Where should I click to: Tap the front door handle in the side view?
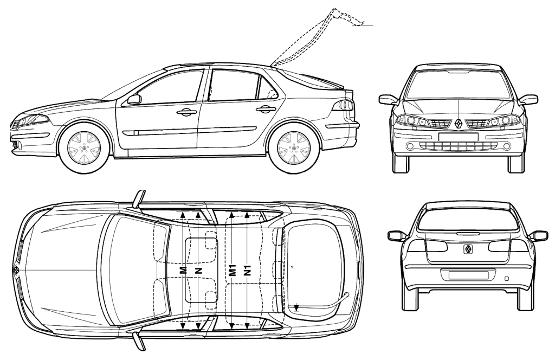click(x=186, y=112)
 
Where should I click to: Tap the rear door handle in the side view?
click(x=266, y=109)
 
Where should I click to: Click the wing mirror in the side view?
click(x=133, y=99)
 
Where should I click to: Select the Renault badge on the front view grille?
click(x=458, y=124)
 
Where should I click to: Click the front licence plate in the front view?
click(x=458, y=136)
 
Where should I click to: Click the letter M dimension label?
click(x=184, y=269)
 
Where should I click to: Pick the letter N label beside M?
click(x=199, y=269)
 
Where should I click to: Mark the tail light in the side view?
click(x=345, y=105)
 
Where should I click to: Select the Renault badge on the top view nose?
click(x=16, y=269)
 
